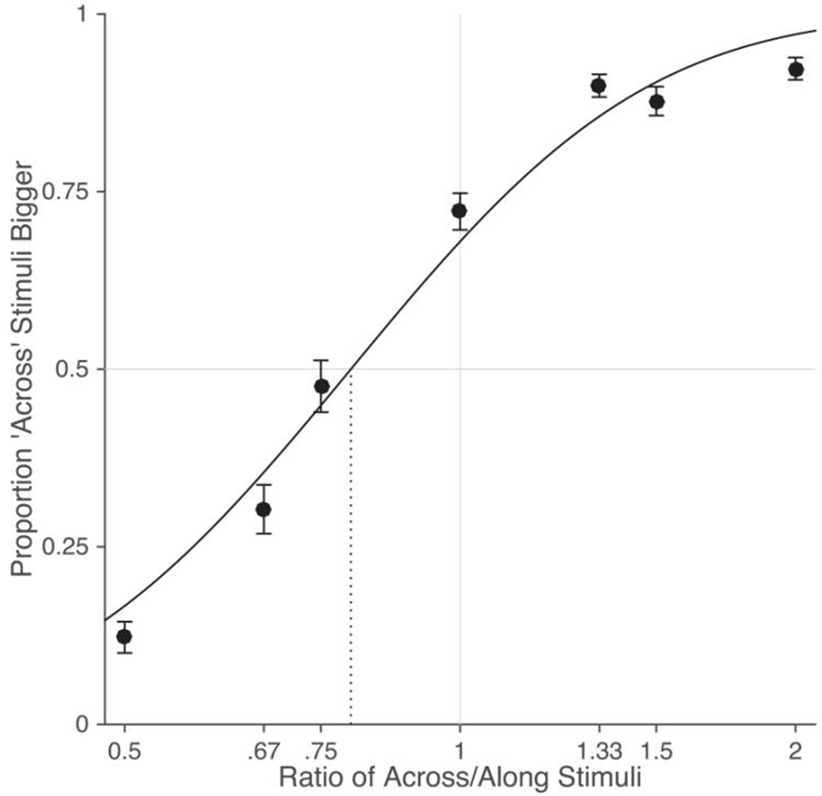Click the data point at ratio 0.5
(125, 636)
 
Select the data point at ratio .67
(264, 509)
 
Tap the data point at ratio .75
(321, 386)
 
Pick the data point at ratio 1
(460, 210)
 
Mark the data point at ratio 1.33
(599, 85)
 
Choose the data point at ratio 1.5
(657, 101)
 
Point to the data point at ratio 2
(795, 69)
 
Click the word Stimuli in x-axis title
(598, 778)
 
